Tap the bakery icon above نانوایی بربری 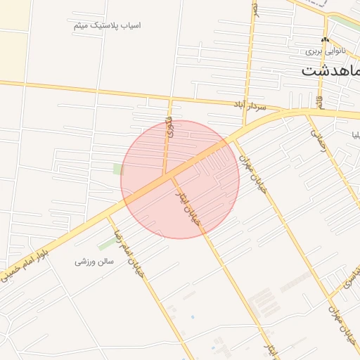tap(325, 40)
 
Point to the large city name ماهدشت tap(330, 70)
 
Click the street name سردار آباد tap(252, 105)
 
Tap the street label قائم tap(321, 101)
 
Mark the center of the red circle tap(180, 179)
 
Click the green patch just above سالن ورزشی tap(107, 244)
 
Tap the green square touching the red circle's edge tap(118, 169)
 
